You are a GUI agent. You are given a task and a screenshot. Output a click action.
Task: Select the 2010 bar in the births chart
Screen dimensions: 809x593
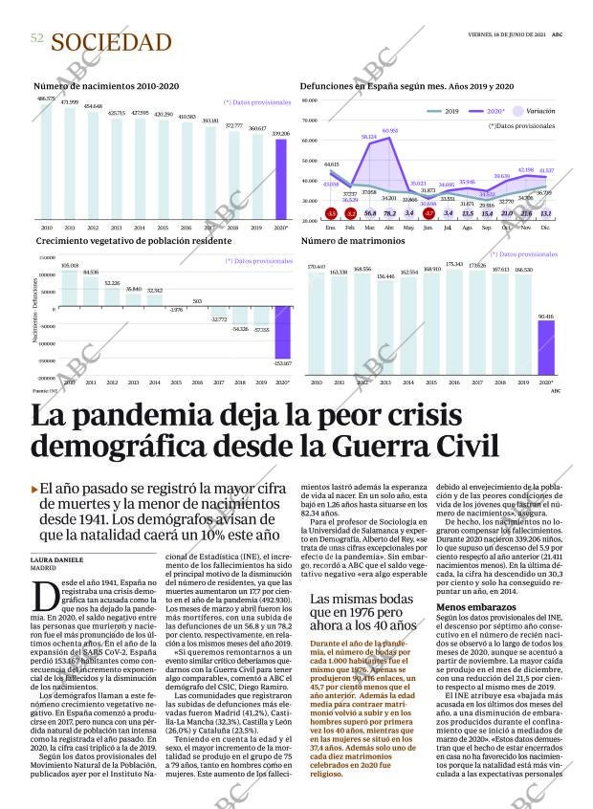[46, 161]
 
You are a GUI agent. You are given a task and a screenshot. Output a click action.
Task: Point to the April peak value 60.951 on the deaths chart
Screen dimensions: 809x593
[390, 130]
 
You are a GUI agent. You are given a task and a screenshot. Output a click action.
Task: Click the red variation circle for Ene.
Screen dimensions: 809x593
[331, 213]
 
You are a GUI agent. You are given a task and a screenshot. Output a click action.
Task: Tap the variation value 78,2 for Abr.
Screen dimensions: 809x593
[389, 213]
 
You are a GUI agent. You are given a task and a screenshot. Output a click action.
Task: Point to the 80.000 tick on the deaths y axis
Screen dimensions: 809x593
[309, 121]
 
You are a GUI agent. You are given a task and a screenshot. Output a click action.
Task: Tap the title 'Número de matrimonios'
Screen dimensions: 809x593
[340, 241]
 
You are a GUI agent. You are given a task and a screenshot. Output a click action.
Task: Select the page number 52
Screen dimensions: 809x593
[37, 37]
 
